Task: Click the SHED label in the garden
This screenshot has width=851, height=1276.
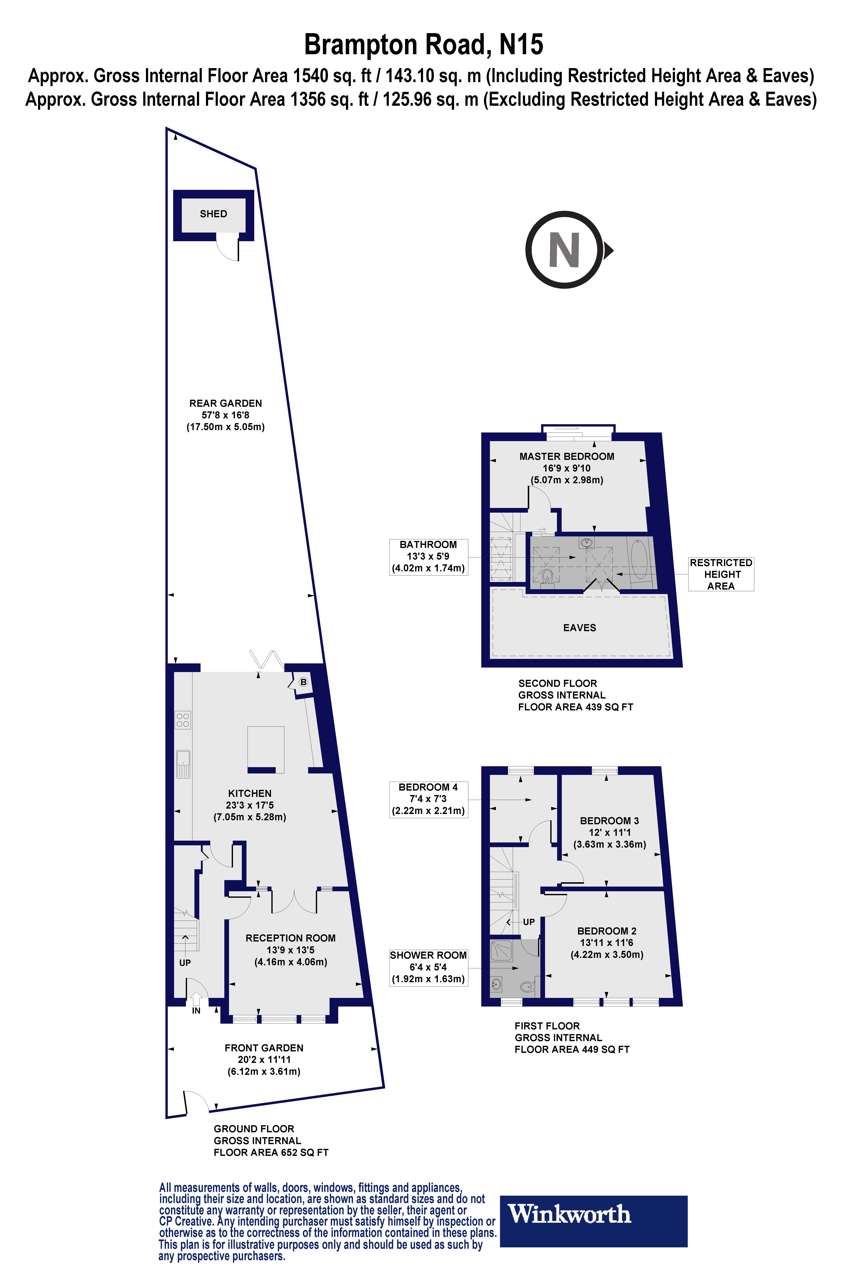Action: [x=213, y=214]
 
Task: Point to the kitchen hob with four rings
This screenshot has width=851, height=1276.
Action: [x=183, y=720]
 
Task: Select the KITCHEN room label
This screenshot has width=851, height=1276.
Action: [x=250, y=793]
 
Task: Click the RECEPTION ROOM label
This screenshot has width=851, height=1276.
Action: [x=290, y=938]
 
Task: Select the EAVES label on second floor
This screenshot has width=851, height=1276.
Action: [x=579, y=628]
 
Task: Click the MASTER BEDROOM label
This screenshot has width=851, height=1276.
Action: [x=567, y=456]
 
